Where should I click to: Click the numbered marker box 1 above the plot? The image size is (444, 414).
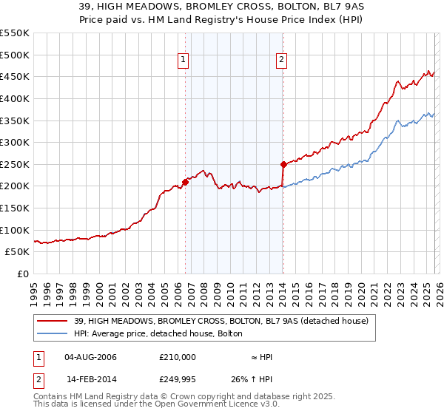point(184,61)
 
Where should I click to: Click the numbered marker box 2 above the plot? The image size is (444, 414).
point(282,61)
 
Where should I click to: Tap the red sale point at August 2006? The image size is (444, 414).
point(185,182)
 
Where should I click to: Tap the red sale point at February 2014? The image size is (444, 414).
point(283,164)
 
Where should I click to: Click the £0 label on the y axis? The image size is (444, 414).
point(22,274)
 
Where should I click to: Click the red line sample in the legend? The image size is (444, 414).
point(53,320)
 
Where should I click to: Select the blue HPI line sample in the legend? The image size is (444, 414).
point(53,333)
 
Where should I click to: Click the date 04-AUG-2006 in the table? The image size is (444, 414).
point(90,357)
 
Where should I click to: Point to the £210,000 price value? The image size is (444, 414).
point(177,357)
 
